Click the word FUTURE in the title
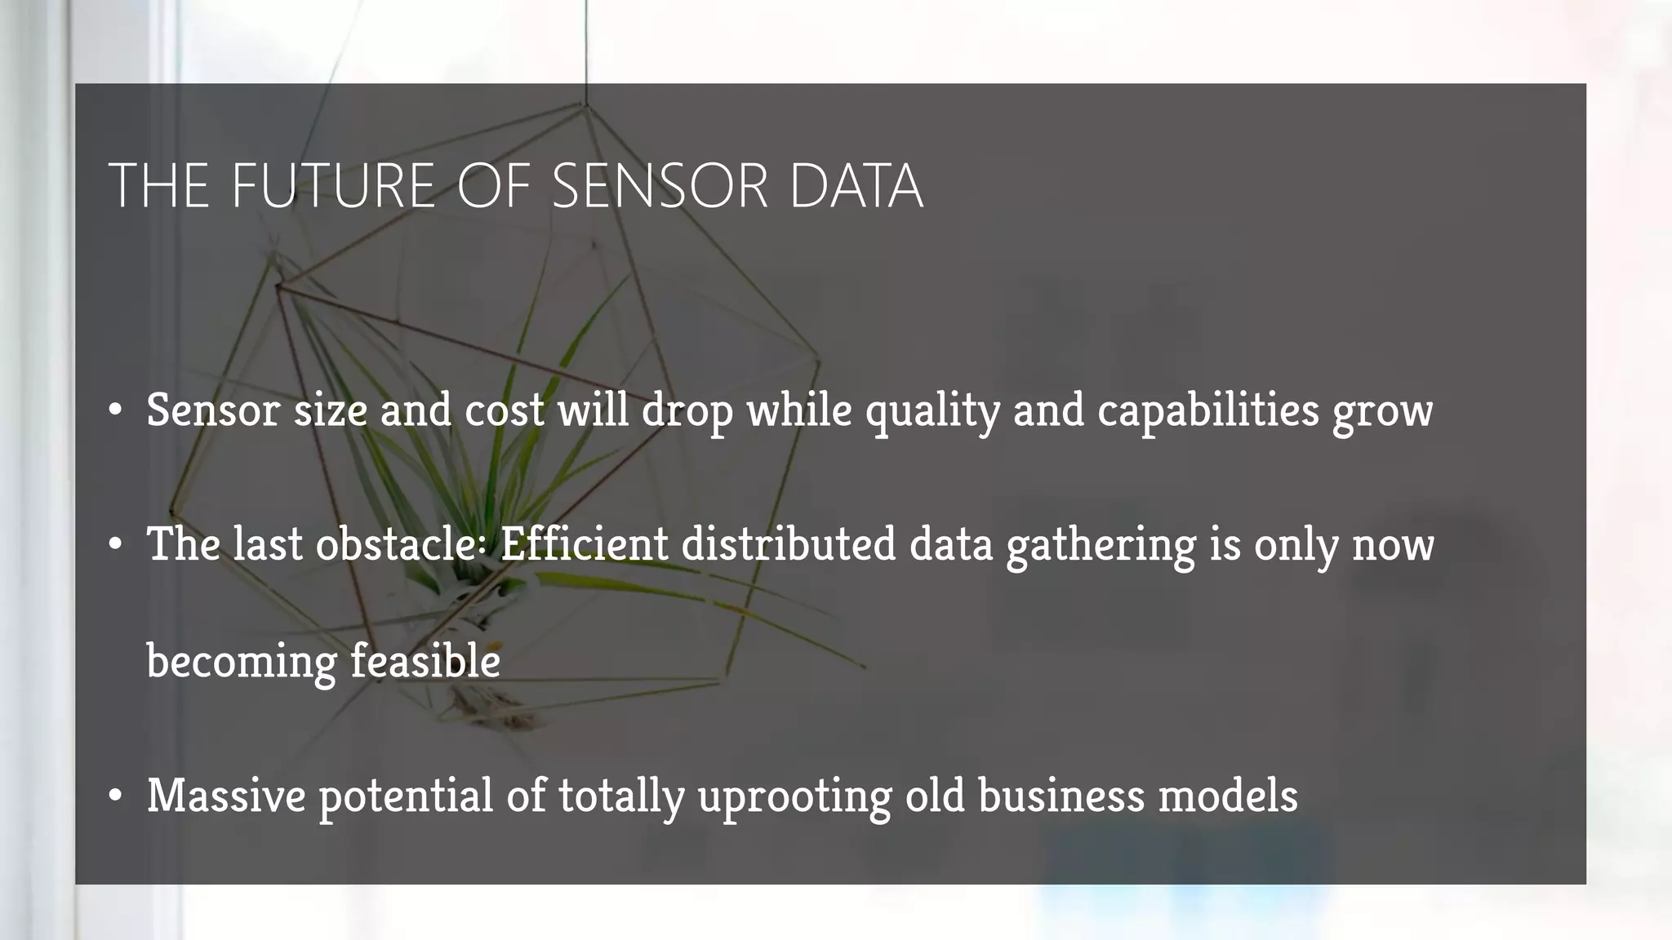point(332,187)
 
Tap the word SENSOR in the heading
point(660,187)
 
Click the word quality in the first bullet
point(932,410)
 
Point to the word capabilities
point(1207,410)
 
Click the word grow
point(1382,410)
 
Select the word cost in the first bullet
point(504,410)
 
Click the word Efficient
point(584,544)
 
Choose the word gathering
point(1101,544)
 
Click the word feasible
point(425,661)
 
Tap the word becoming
point(242,661)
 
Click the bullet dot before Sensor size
point(115,410)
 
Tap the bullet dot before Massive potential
point(115,796)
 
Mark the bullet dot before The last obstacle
point(115,544)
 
